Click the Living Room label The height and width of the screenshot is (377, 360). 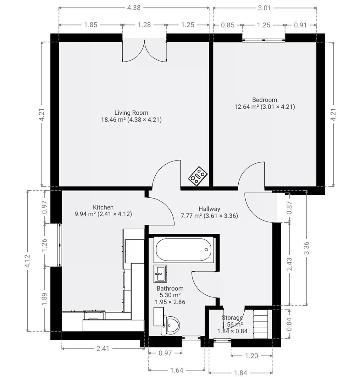[131, 112]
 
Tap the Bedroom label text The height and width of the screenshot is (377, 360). [264, 100]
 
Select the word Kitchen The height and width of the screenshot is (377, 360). [103, 207]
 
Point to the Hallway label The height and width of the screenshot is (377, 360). [209, 209]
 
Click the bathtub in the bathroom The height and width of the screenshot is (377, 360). [184, 250]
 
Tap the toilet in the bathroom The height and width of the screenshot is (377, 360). [170, 325]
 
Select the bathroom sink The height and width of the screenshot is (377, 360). [160, 274]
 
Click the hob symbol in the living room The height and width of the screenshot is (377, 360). [198, 176]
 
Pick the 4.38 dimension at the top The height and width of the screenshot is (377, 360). [134, 8]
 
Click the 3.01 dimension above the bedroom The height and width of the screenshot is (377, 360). [264, 8]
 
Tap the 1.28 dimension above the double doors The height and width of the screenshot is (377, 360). [144, 25]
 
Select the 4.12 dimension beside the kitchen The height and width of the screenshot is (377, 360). [28, 261]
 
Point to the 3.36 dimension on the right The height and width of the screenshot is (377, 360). [307, 248]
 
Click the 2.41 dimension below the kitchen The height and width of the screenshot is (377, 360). [103, 349]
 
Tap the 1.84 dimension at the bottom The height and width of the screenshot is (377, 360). [241, 373]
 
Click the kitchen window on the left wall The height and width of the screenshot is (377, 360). [60, 245]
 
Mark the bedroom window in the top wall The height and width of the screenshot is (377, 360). [263, 40]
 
